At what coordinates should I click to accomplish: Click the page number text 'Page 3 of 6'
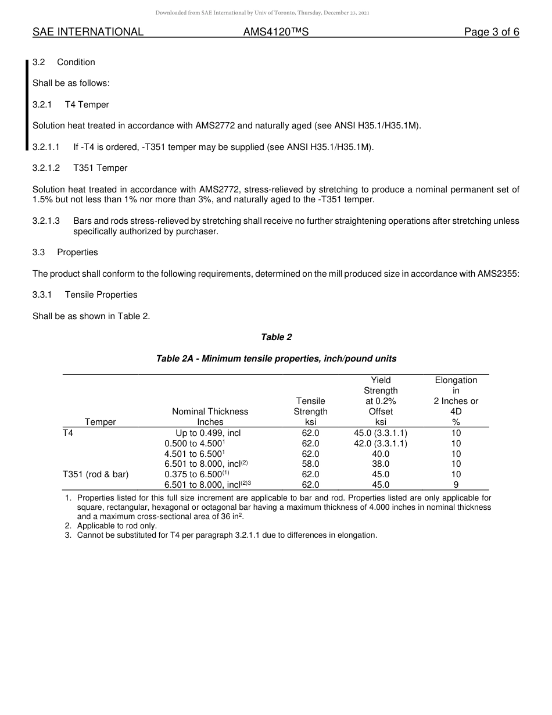[x=491, y=33]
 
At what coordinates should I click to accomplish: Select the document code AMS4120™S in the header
[x=275, y=33]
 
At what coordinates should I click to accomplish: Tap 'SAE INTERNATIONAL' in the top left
[x=88, y=33]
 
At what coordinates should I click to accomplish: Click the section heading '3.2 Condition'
[x=64, y=62]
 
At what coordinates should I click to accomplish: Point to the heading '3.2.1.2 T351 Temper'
[x=80, y=168]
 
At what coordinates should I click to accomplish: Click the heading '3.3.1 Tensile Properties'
[x=85, y=295]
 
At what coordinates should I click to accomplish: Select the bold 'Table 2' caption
[x=276, y=337]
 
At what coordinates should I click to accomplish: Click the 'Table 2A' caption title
[x=276, y=359]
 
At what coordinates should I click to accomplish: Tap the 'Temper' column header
[x=100, y=422]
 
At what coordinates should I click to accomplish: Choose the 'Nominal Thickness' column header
[x=210, y=412]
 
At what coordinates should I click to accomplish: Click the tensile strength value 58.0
[x=310, y=464]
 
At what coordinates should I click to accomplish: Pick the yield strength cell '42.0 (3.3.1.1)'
[x=381, y=444]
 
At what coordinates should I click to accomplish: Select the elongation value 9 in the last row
[x=456, y=485]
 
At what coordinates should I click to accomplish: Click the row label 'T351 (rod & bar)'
[x=95, y=474]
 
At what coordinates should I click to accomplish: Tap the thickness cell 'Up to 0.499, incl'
[x=208, y=433]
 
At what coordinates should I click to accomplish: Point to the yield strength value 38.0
[x=381, y=464]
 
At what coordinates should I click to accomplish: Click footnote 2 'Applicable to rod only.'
[x=116, y=526]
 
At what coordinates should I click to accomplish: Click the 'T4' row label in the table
[x=68, y=433]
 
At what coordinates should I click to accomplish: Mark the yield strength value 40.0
[x=381, y=454]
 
